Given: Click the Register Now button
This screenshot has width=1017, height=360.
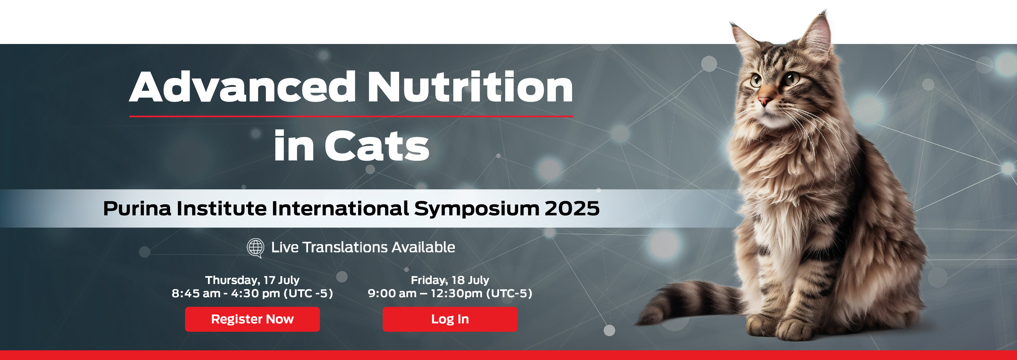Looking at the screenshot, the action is [x=252, y=319].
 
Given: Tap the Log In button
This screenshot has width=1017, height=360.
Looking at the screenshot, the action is [x=450, y=319].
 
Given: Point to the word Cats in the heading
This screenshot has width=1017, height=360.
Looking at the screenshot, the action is [x=377, y=146].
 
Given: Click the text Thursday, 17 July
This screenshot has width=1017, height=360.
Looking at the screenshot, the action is [x=252, y=280].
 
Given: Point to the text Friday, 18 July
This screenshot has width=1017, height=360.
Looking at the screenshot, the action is [x=450, y=280].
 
